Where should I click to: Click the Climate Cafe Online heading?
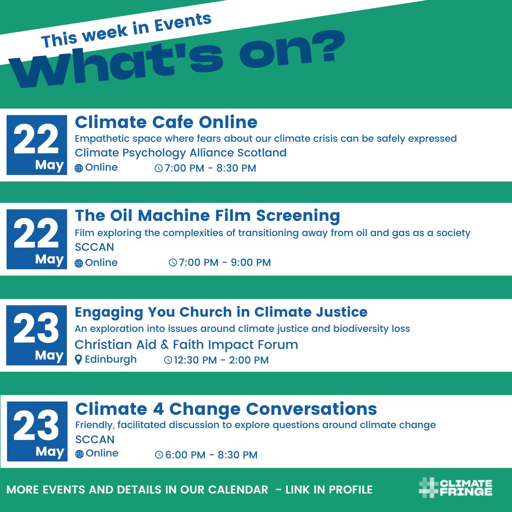point(166,122)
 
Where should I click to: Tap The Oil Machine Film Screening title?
point(207,216)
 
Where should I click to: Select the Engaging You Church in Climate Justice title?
point(221,312)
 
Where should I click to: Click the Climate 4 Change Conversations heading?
point(226,409)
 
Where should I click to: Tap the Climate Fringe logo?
point(455,488)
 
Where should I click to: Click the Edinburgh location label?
point(110,359)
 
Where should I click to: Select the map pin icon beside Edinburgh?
point(79,360)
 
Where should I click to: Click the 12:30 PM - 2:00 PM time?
point(221,360)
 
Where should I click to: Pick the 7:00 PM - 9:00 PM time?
point(224,263)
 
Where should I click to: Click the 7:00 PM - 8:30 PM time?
point(210,168)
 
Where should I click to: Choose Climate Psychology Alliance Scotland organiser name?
point(181,153)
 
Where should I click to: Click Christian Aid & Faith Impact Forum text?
point(186,344)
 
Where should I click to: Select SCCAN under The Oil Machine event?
point(94,247)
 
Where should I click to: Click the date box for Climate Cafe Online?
point(37,145)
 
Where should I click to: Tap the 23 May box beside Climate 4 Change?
point(37,431)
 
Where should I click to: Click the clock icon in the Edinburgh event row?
point(168,360)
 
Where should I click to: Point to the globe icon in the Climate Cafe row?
point(79,168)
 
